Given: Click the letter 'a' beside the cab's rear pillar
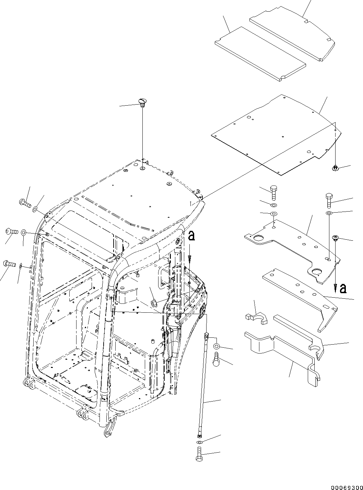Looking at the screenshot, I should tap(191, 236).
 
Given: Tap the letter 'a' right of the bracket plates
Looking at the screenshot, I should tap(342, 289).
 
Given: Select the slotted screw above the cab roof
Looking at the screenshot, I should tap(142, 101).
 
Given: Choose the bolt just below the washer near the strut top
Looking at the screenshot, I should tap(217, 359).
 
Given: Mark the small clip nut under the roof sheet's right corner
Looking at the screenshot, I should tap(335, 168).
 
